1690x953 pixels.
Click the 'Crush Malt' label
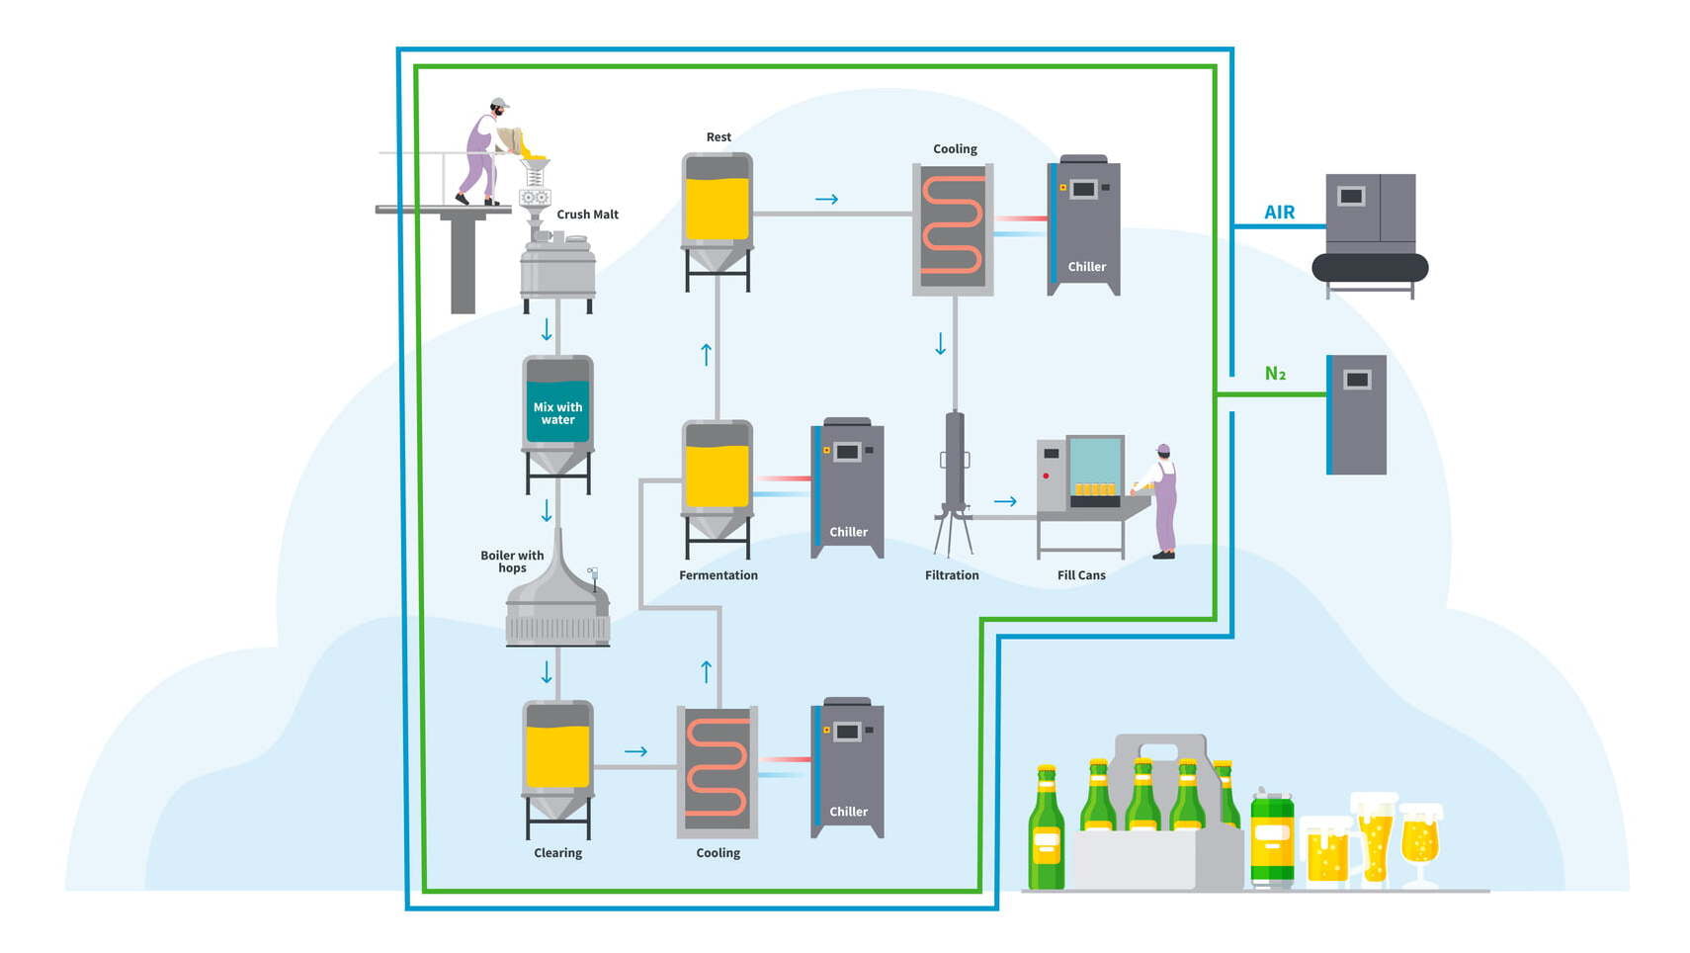tap(587, 215)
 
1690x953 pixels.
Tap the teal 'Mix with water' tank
tap(557, 413)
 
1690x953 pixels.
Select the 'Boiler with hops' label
tap(512, 562)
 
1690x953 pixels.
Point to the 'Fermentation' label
tap(718, 575)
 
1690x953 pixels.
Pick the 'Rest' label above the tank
tap(718, 137)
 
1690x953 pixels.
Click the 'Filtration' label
tap(952, 575)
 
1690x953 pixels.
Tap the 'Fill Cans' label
tap(1081, 575)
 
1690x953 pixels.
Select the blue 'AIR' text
tap(1279, 213)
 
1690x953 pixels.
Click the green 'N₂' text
tap(1275, 374)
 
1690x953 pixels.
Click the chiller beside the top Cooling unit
tap(1084, 224)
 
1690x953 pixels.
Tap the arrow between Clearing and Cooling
tap(635, 751)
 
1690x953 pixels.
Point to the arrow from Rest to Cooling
tap(826, 200)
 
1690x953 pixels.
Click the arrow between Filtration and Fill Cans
tap(1005, 501)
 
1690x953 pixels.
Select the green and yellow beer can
tap(1272, 839)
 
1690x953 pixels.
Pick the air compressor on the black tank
tap(1370, 229)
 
